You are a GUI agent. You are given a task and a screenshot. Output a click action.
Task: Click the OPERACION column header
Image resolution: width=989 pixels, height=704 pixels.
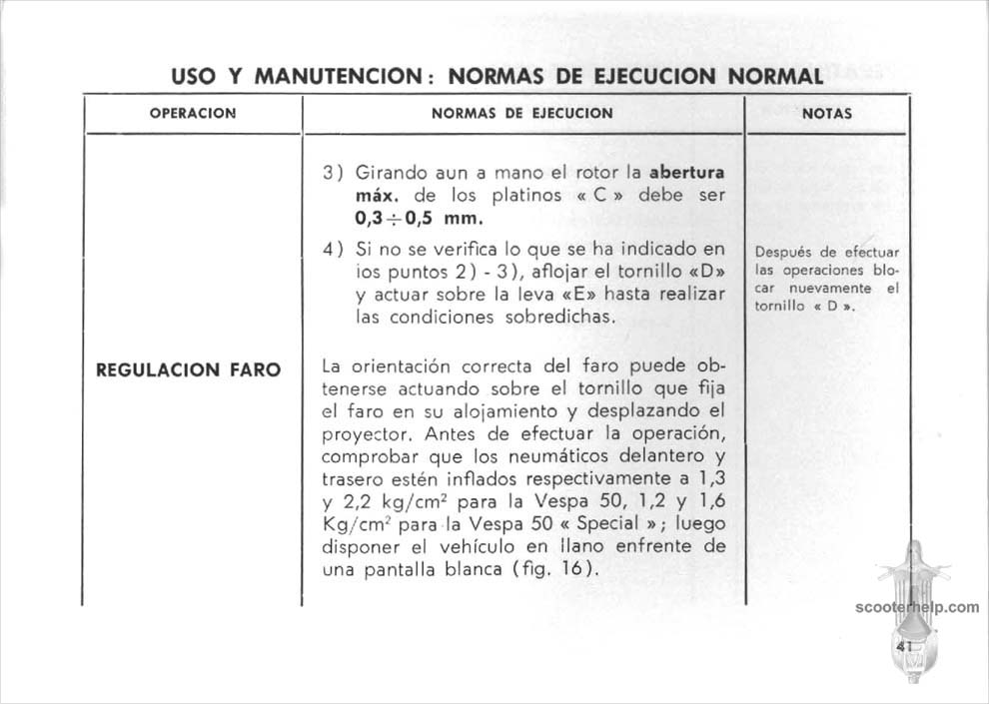192,113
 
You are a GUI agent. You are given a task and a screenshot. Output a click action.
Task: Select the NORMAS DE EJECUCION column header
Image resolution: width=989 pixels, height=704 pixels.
521,113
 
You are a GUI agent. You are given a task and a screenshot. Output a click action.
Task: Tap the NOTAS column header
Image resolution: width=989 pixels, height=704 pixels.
826,113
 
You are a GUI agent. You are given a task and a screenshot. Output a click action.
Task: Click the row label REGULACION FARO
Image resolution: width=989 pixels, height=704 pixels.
188,369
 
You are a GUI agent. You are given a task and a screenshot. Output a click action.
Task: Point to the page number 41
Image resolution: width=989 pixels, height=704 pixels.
906,646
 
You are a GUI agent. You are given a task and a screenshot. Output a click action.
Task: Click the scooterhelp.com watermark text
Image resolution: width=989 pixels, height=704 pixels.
917,606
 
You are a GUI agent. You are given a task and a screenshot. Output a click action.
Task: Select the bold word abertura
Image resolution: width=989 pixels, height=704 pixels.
686,172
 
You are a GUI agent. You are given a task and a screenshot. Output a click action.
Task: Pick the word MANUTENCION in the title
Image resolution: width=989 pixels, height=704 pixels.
344,76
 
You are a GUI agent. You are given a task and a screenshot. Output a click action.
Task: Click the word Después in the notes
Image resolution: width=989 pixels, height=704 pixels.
782,253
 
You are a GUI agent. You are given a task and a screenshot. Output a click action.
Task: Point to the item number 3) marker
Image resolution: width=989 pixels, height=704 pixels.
333,172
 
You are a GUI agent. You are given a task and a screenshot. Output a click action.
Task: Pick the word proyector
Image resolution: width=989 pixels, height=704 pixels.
369,435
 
